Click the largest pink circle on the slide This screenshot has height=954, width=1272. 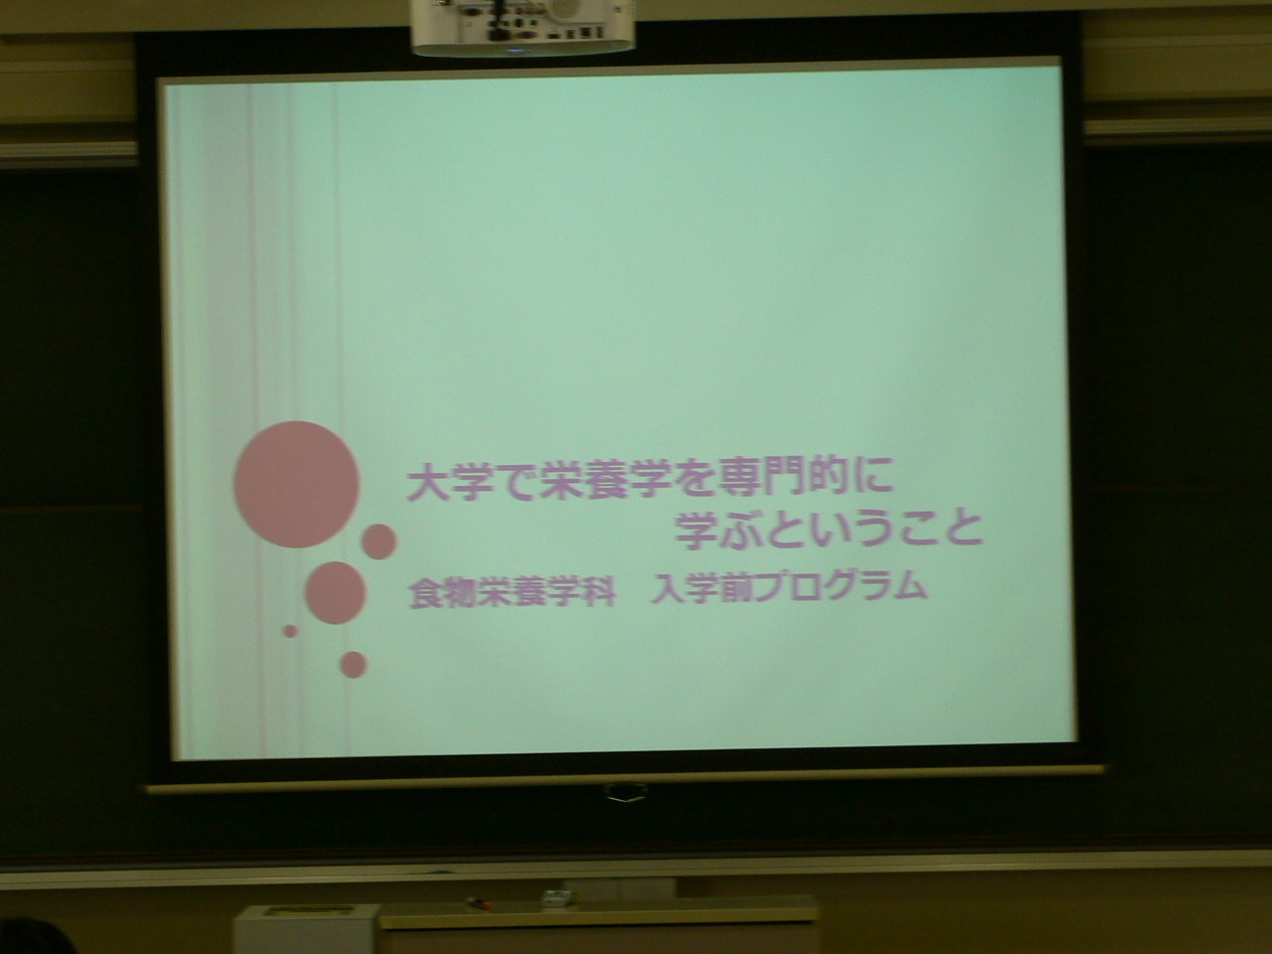[297, 484]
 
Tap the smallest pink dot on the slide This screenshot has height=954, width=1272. [290, 631]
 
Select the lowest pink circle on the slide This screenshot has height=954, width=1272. [354, 665]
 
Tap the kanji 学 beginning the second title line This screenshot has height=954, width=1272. [697, 530]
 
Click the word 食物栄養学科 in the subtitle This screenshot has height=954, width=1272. [512, 592]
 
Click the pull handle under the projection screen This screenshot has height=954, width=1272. [626, 791]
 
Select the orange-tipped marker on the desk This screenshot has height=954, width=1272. [478, 901]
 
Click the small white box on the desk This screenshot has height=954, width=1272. [556, 897]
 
